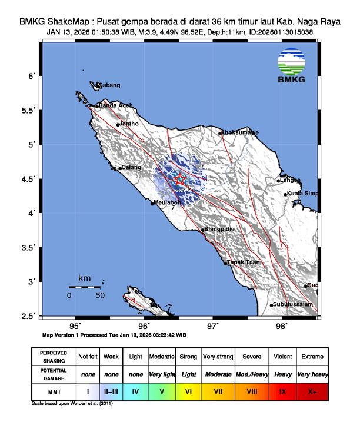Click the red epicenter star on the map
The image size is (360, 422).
pyautogui.click(x=180, y=179)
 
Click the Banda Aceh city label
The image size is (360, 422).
pyautogui.click(x=115, y=105)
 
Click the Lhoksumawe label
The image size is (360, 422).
pyautogui.click(x=239, y=133)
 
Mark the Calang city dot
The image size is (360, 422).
pyautogui.click(x=120, y=169)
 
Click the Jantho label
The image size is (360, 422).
pyautogui.click(x=129, y=124)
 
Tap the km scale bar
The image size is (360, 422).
pyautogui.click(x=84, y=287)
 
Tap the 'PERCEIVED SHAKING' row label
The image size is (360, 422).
pyautogui.click(x=54, y=357)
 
